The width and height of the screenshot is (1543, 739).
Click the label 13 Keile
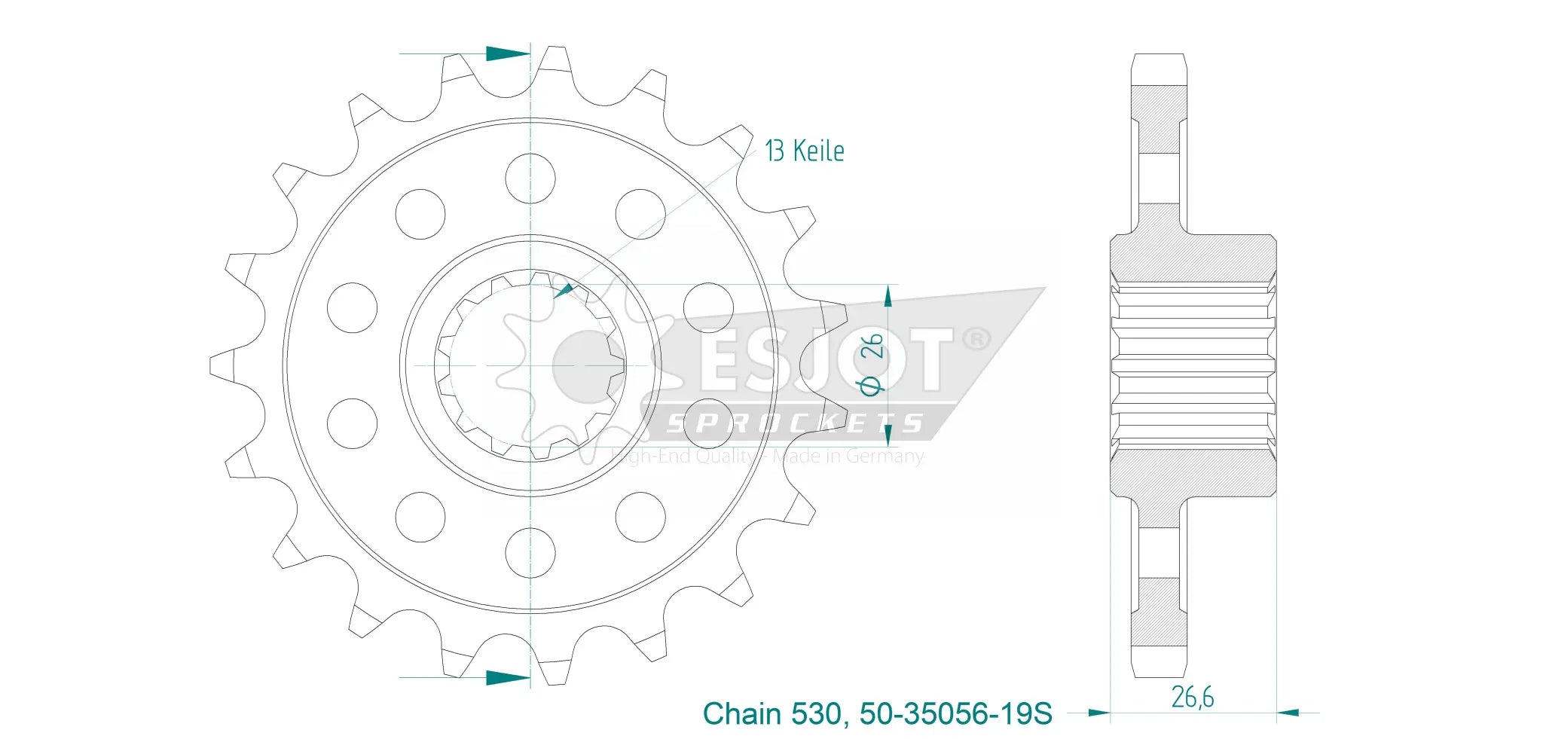(804, 151)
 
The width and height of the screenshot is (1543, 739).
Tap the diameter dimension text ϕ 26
(872, 364)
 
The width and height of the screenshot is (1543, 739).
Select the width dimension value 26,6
(1192, 698)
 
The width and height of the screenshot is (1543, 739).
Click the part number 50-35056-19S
(955, 713)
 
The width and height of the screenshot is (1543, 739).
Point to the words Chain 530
(771, 713)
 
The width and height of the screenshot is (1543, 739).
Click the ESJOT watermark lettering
(825, 360)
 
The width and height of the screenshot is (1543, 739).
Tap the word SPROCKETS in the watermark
(795, 423)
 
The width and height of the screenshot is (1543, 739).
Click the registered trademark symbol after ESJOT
(976, 339)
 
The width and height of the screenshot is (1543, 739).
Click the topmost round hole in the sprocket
(530, 179)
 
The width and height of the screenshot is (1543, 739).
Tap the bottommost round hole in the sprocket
(530, 553)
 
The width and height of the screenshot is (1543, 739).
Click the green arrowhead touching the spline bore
(564, 291)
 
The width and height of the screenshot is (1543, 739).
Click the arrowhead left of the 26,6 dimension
(1099, 712)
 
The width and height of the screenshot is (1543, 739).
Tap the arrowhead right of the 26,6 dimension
(1288, 712)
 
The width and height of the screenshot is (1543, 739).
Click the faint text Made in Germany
(848, 457)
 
